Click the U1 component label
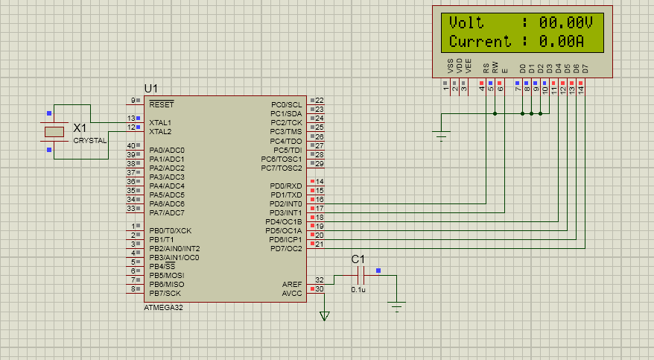pos(151,88)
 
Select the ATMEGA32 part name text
pos(163,307)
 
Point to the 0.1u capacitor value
pos(358,289)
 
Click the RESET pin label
pos(161,104)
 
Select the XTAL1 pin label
pos(160,122)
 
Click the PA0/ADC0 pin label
pos(167,150)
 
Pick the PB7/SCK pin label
pos(165,293)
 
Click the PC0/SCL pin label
pos(287,104)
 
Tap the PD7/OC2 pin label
pos(286,248)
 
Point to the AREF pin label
pos(293,284)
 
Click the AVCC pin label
pos(293,293)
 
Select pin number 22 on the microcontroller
pos(319,101)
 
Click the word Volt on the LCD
pos(466,22)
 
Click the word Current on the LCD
pos(480,41)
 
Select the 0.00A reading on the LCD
pos(561,41)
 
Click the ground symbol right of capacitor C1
pos(397,306)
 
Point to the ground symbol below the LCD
pos(442,135)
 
